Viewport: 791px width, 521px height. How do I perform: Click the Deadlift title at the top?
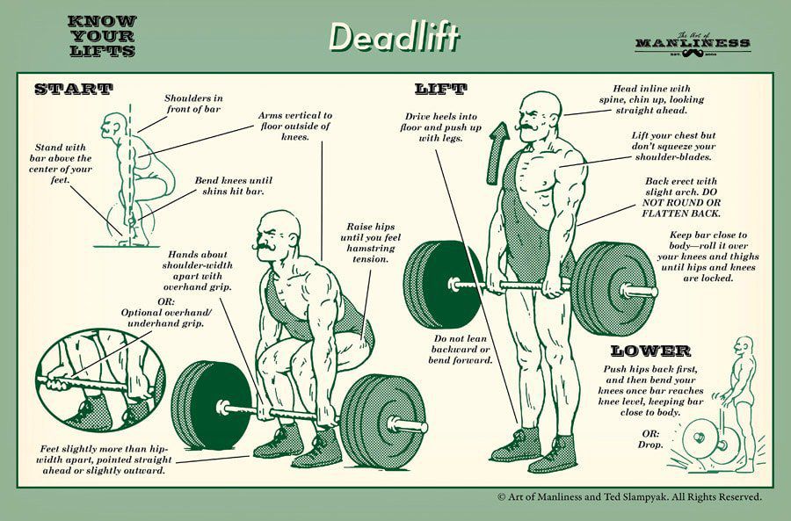tap(395, 36)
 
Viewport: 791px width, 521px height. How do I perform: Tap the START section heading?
tap(73, 89)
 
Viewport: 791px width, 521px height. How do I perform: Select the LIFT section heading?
tap(440, 89)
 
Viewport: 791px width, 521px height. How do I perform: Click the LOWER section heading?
tap(658, 351)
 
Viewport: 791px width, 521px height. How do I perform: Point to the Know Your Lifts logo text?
tap(101, 36)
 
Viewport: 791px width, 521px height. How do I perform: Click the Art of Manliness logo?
tap(692, 41)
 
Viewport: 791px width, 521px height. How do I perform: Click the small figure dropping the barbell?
tap(738, 395)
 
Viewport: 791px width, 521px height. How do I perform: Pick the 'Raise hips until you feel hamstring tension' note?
tap(367, 242)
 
